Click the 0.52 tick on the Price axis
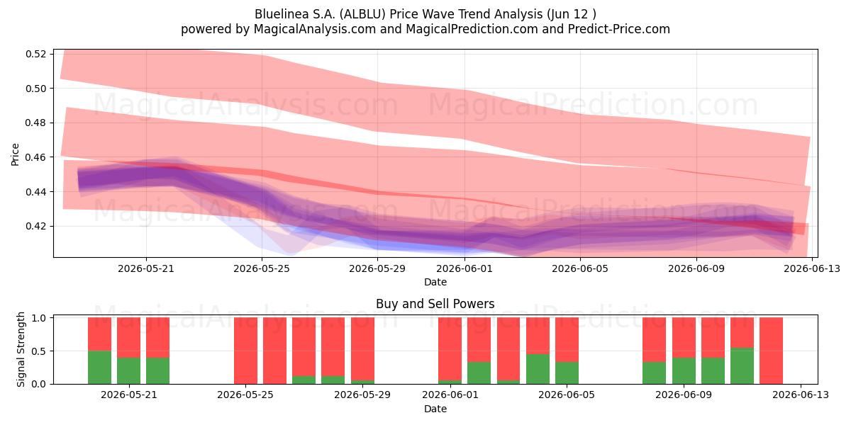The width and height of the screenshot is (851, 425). click(35, 54)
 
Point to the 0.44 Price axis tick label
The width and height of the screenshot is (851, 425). click(35, 192)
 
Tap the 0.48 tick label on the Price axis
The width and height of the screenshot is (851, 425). click(35, 123)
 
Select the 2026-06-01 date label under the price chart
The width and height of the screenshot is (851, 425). click(465, 268)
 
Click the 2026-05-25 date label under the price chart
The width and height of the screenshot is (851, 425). click(262, 268)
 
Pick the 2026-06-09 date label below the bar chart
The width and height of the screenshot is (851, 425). click(684, 395)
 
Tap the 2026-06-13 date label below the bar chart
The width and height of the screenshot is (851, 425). click(801, 395)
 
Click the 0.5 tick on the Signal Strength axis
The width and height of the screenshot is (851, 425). click(39, 351)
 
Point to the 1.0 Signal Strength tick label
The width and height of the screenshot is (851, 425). click(39, 318)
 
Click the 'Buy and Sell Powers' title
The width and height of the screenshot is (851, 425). click(435, 304)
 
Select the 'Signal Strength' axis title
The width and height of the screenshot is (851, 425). click(21, 349)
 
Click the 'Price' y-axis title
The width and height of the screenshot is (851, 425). click(15, 154)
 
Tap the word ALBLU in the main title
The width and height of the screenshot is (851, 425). click(362, 14)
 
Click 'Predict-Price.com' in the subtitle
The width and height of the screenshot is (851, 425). click(619, 29)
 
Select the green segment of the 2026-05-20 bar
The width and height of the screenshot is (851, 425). click(99, 368)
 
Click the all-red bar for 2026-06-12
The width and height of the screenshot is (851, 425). click(771, 351)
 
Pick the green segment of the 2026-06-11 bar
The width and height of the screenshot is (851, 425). click(742, 365)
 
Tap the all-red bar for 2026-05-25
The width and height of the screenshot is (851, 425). click(245, 351)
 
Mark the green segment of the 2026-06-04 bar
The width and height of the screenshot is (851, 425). click(538, 369)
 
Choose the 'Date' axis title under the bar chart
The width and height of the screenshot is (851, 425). click(435, 409)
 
